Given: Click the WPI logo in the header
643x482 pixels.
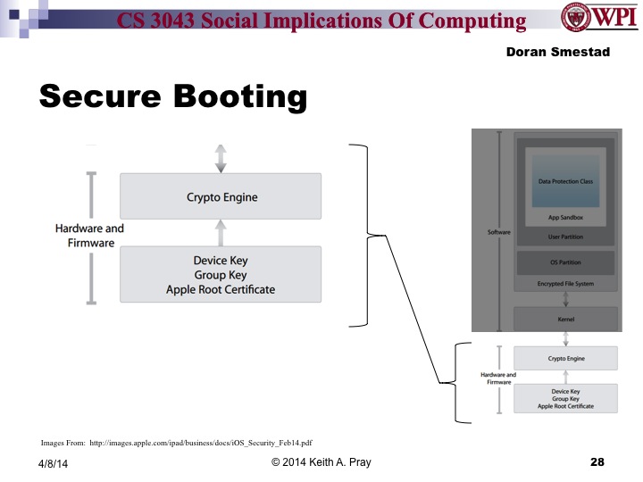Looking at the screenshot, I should click(x=599, y=20).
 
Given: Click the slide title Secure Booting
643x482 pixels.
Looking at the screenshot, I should click(x=172, y=96).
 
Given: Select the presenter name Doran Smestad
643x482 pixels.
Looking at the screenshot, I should click(x=557, y=53).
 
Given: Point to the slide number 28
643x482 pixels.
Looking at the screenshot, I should click(x=597, y=462).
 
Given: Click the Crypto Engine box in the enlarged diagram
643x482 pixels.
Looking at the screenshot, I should click(x=221, y=196).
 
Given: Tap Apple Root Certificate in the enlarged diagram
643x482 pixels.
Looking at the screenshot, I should click(x=221, y=289).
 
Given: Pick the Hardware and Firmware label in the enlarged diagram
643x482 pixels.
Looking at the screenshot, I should click(x=89, y=236).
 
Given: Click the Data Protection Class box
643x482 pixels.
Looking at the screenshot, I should click(x=565, y=181).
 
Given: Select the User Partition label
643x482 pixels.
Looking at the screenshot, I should click(x=565, y=237).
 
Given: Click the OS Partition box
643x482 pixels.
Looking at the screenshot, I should click(x=565, y=263).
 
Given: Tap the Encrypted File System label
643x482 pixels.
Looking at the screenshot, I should click(x=565, y=284).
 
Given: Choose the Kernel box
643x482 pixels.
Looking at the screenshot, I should click(x=565, y=318).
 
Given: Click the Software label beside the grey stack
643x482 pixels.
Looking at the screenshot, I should click(x=498, y=232).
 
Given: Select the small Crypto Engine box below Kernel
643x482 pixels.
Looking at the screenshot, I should click(x=565, y=358).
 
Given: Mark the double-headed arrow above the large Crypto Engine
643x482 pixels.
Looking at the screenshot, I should click(x=221, y=157).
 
